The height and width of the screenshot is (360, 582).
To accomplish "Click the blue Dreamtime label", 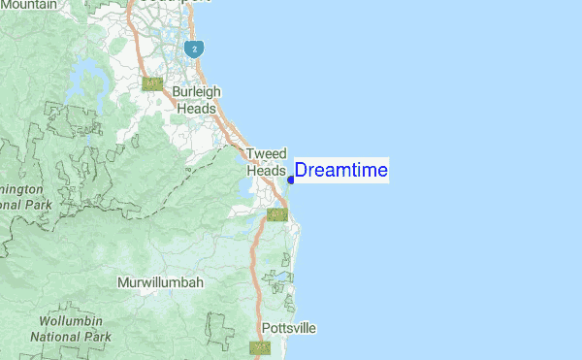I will tap(340, 171).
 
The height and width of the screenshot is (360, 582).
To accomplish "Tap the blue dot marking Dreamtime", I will tap(291, 179).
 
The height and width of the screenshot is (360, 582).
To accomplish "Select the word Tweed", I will tap(266, 154).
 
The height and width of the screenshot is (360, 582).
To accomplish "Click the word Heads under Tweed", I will tap(266, 170).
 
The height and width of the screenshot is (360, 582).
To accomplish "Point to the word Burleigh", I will tap(197, 92).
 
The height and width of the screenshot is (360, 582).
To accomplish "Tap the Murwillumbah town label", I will tap(160, 282).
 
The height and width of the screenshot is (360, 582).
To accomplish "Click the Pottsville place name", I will tap(289, 328).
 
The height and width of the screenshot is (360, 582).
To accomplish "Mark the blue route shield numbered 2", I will tap(195, 48).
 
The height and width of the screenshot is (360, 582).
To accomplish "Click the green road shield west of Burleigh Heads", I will tap(152, 84).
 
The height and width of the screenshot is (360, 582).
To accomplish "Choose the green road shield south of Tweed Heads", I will tap(276, 213).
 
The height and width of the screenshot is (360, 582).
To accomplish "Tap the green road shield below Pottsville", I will tap(260, 347).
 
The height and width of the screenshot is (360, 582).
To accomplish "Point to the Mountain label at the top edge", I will tap(29, 5).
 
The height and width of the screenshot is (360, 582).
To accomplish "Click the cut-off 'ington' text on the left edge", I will tap(21, 188).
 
